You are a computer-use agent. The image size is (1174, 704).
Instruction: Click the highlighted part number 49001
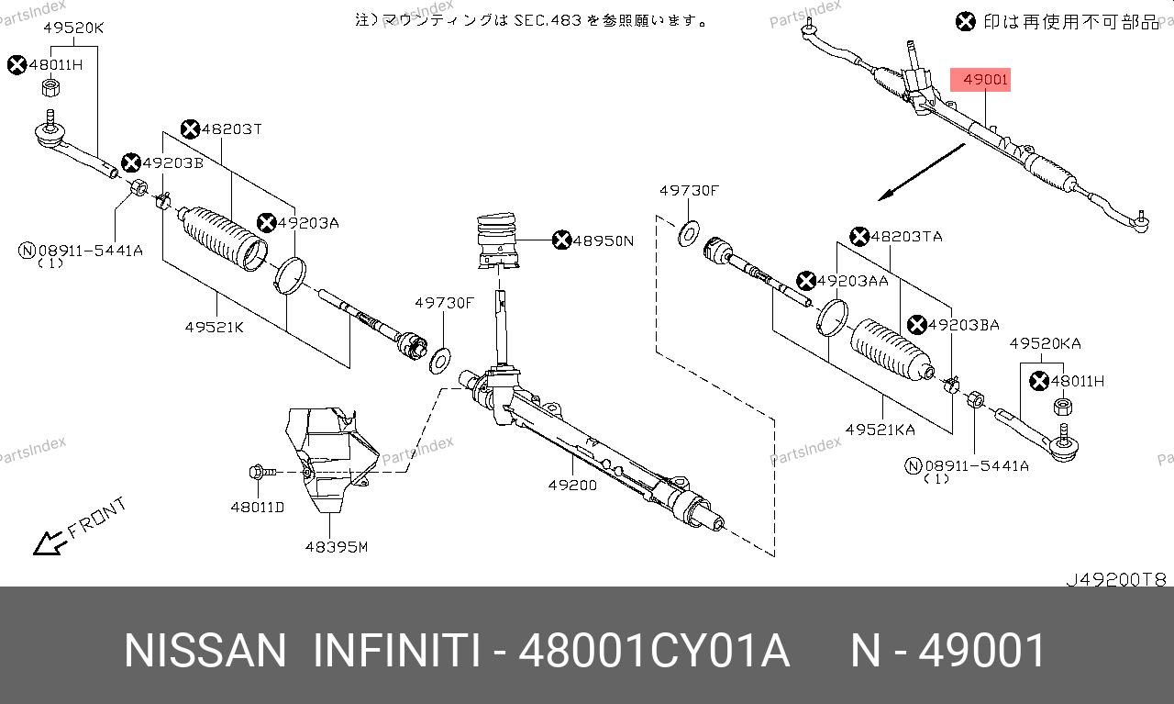pyautogui.click(x=985, y=80)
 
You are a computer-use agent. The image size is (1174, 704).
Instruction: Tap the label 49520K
pyautogui.click(x=73, y=28)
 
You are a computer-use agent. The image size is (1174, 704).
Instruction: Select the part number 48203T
pyautogui.click(x=232, y=129)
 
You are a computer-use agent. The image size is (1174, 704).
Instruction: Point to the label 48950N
pyautogui.click(x=603, y=240)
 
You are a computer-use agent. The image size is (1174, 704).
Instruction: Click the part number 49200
pyautogui.click(x=572, y=486)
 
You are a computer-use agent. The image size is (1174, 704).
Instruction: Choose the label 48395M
pyautogui.click(x=337, y=547)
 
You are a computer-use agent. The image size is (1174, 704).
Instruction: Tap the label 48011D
pyautogui.click(x=258, y=508)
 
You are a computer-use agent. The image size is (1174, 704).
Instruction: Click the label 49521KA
pyautogui.click(x=880, y=430)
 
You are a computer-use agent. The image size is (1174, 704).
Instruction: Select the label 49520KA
pyautogui.click(x=1045, y=343)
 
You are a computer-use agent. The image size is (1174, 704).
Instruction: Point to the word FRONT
pyautogui.click(x=97, y=518)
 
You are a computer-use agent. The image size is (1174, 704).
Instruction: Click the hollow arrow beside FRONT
pyautogui.click(x=50, y=543)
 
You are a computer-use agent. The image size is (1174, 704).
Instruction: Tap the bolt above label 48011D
pyautogui.click(x=262, y=472)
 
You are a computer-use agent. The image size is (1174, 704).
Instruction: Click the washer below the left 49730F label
pyautogui.click(x=439, y=361)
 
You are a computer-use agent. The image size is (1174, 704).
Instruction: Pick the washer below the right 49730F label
pyautogui.click(x=688, y=234)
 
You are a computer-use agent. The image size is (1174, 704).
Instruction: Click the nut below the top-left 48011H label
pyautogui.click(x=50, y=87)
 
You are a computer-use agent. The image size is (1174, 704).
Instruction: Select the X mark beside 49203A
pyautogui.click(x=266, y=223)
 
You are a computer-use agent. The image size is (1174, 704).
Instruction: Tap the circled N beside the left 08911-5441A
pyautogui.click(x=27, y=251)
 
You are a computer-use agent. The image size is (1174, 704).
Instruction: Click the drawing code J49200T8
pyautogui.click(x=1116, y=579)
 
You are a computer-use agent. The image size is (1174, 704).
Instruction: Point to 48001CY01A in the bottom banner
pyautogui.click(x=654, y=651)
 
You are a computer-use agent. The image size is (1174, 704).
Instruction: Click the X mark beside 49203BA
pyautogui.click(x=916, y=325)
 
